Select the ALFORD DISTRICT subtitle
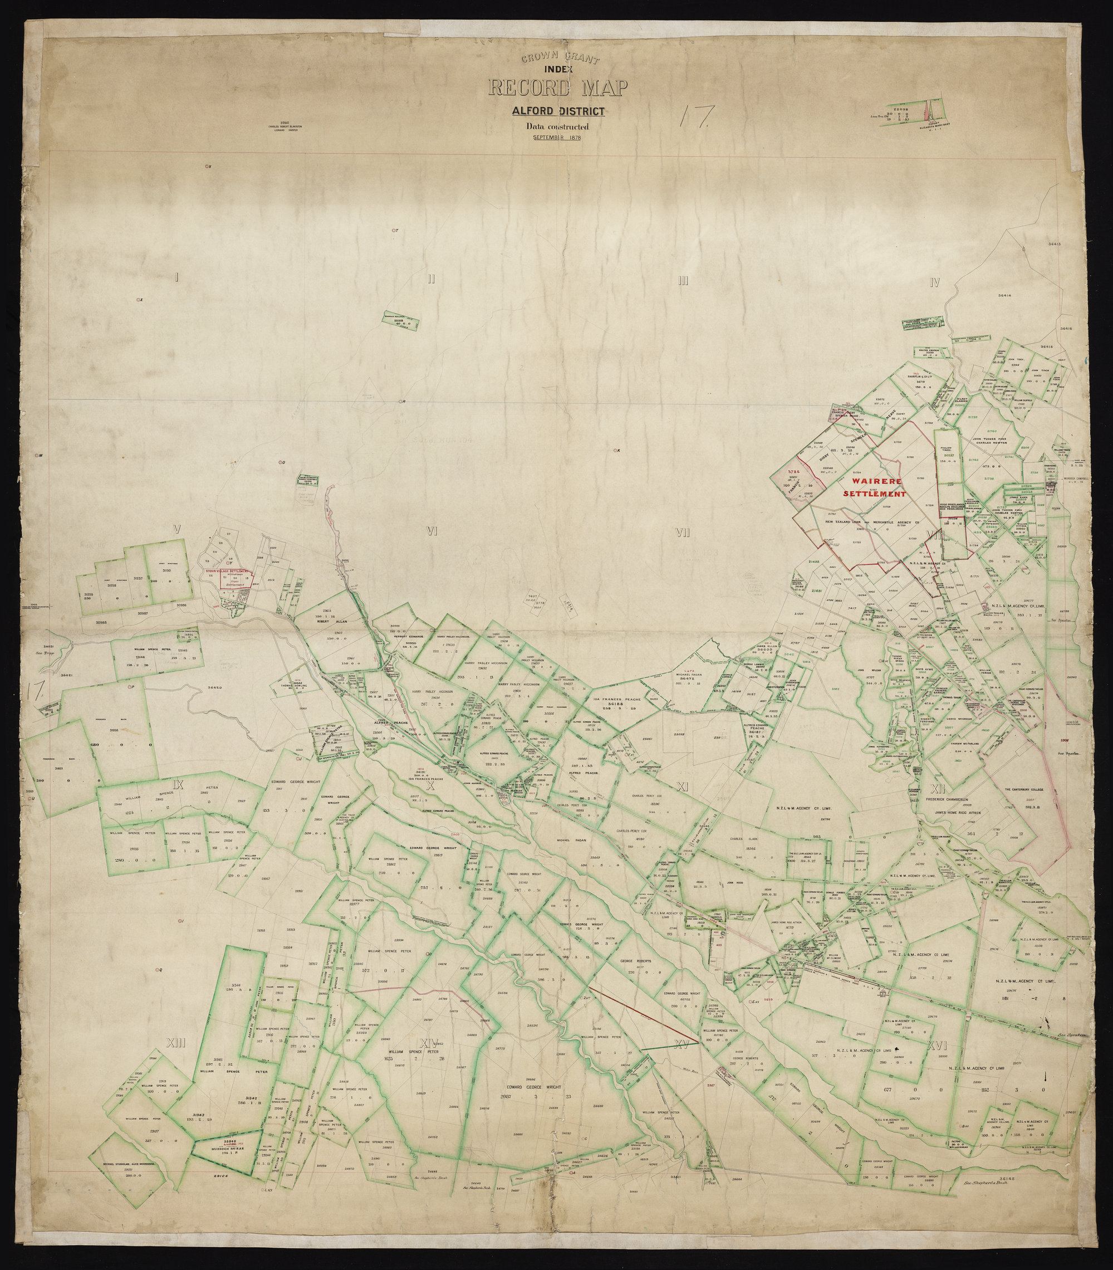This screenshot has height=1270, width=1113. pyautogui.click(x=557, y=112)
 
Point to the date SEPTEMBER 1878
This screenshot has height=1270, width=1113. pyautogui.click(x=557, y=138)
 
